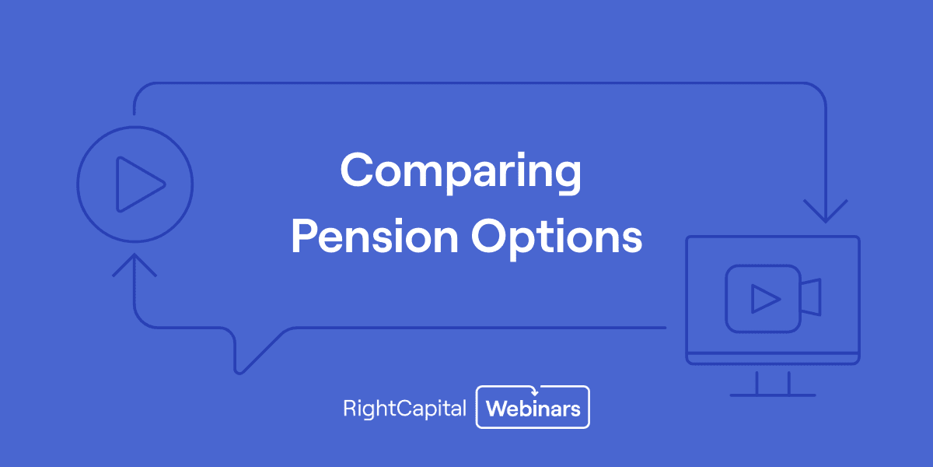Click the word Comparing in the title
click(460, 170)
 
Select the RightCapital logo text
click(404, 409)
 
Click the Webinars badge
click(533, 407)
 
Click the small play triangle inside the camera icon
click(764, 298)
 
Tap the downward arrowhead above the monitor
click(825, 212)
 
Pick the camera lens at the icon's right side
click(812, 298)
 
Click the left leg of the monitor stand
click(757, 382)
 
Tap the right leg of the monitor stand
click(788, 382)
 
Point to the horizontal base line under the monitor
click(773, 395)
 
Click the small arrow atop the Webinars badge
click(533, 391)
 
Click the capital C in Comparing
click(356, 170)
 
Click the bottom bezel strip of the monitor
click(773, 359)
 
